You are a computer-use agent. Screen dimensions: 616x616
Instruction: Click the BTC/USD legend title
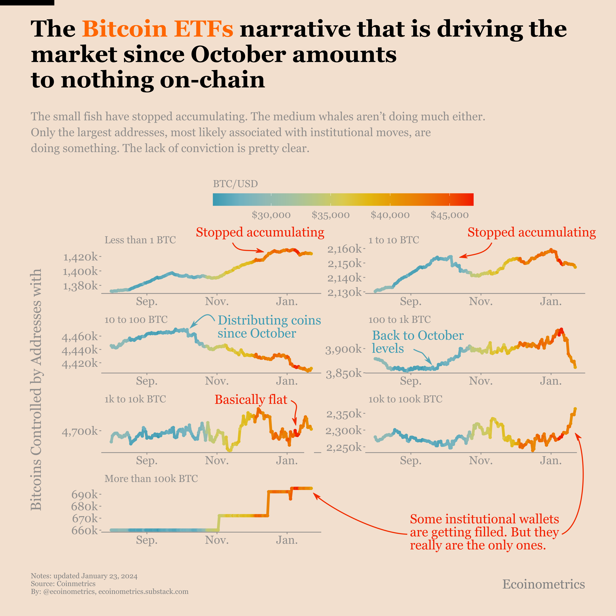(235, 184)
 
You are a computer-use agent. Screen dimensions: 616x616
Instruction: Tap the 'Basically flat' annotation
(251, 400)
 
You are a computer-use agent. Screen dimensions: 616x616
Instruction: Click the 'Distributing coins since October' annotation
(269, 327)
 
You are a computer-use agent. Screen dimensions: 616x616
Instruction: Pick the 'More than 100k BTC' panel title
(151, 479)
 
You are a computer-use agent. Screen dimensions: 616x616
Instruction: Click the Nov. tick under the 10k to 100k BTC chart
(481, 461)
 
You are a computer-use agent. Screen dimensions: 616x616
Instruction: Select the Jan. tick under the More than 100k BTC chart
(287, 540)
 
